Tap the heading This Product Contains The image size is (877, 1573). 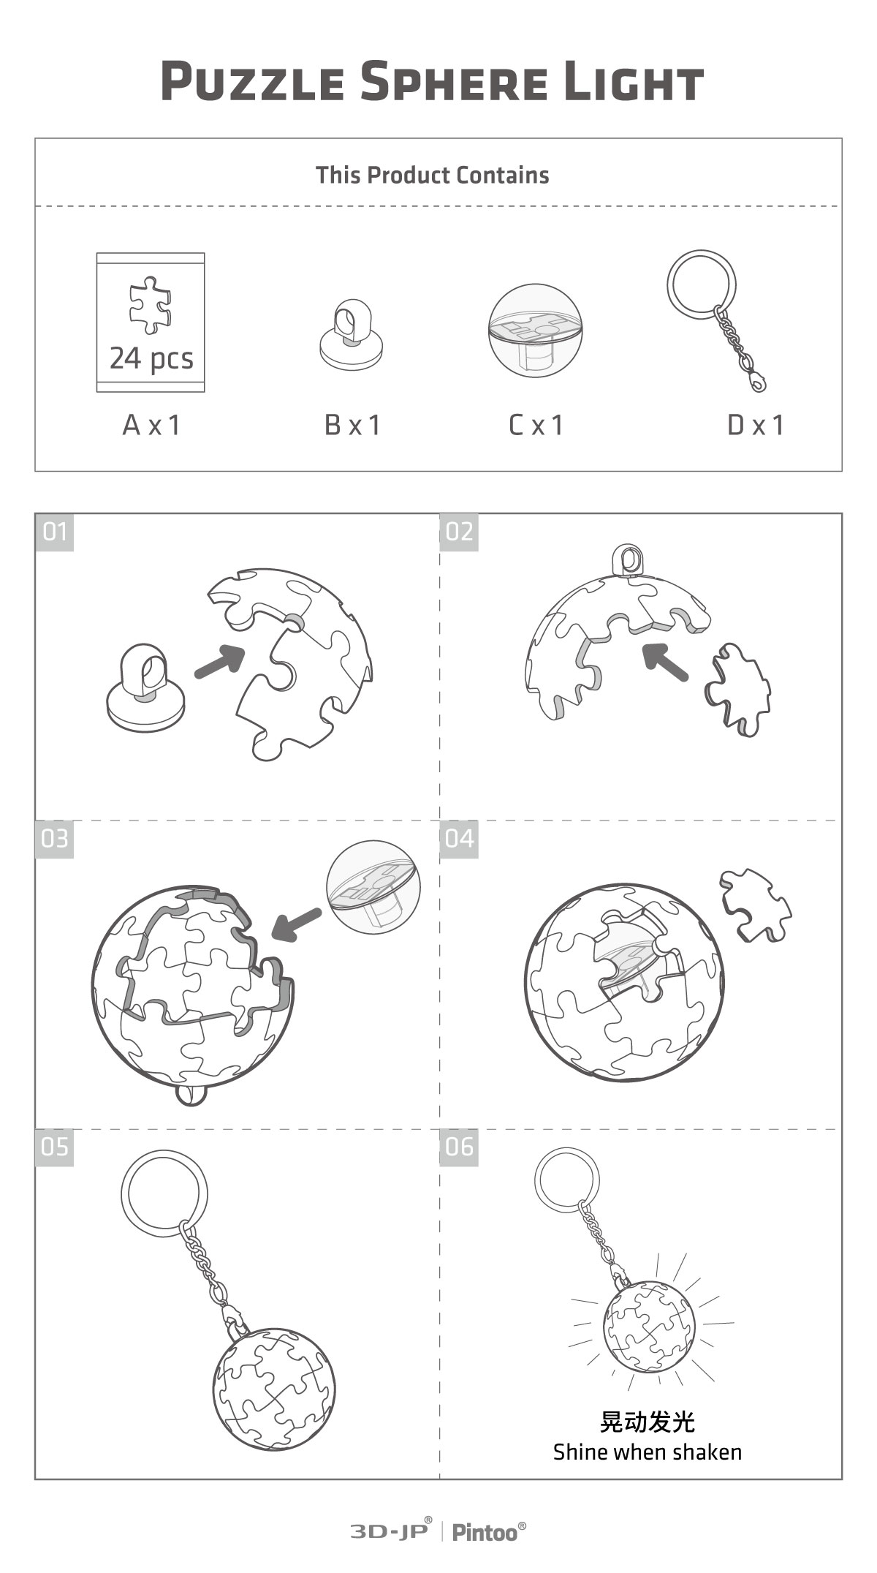pos(432,176)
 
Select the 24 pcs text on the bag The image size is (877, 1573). pos(151,358)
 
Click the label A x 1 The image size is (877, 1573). pos(151,425)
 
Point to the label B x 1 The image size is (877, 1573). pos(353,425)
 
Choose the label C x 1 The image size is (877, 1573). pos(537,425)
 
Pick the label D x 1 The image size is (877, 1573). pos(756,425)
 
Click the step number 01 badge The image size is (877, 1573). pos(55,532)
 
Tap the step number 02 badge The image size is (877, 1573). pos(459,532)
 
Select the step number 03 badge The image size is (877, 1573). pos(55,839)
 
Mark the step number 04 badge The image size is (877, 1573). pos(459,839)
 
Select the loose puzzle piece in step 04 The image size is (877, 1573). pos(756,904)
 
